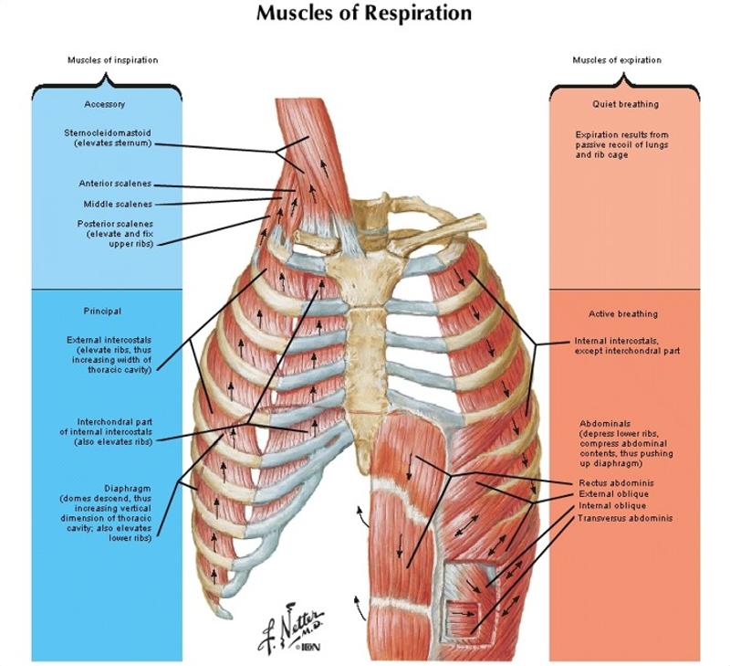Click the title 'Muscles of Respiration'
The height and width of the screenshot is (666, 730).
pos(364,14)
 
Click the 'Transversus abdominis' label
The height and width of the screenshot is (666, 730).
pos(625,518)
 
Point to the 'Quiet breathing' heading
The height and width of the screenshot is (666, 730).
pos(625,104)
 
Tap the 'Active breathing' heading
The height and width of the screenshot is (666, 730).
pos(623,314)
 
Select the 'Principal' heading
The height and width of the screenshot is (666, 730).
pos(102,311)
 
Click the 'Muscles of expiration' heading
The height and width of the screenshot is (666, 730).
pos(617,60)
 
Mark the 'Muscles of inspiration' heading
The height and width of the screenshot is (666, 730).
pos(112,60)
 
